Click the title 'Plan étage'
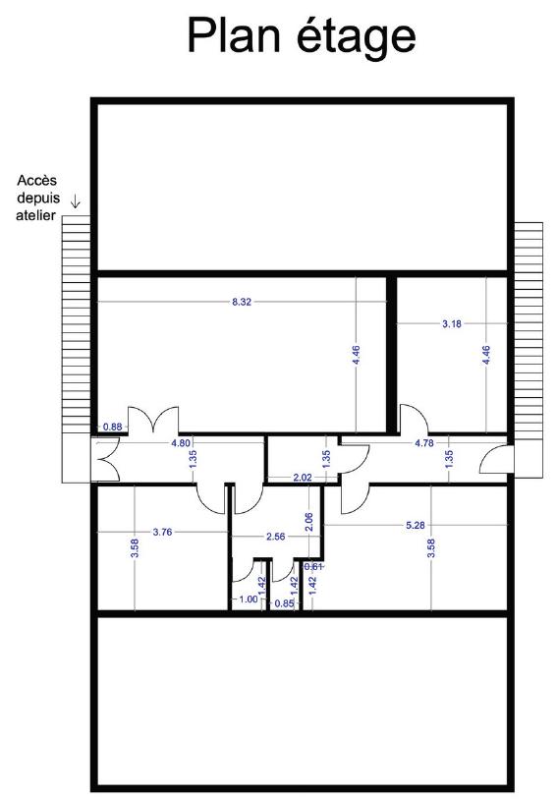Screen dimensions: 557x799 [x=302, y=36]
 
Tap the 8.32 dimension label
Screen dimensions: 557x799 [x=242, y=302]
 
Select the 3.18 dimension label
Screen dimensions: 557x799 [x=452, y=323]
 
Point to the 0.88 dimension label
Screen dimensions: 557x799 [x=113, y=427]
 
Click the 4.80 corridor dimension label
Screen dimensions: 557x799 [x=181, y=443]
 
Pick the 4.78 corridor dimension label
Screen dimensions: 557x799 [x=424, y=443]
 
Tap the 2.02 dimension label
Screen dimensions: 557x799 [x=303, y=478]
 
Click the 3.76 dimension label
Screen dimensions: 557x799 [x=162, y=532]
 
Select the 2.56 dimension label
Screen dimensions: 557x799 [x=275, y=537]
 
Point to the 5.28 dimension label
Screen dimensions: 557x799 [x=416, y=525]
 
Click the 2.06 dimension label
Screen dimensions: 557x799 [x=308, y=522]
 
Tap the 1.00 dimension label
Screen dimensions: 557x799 [x=249, y=599]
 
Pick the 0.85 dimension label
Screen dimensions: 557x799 [x=284, y=603]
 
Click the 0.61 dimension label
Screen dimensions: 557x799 [x=313, y=566]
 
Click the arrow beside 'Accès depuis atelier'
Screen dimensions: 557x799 [x=76, y=201]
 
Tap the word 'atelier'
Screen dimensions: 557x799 [x=35, y=215]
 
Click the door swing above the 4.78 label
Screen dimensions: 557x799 [x=414, y=418]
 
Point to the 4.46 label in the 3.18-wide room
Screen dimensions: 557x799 [x=486, y=355]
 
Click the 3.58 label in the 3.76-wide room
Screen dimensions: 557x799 [x=135, y=548]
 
